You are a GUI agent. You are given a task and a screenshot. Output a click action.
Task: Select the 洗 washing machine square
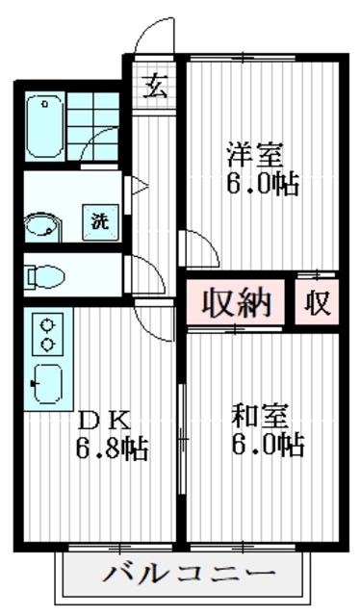click(x=100, y=218)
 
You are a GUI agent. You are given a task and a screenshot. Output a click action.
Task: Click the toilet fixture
click(x=45, y=277)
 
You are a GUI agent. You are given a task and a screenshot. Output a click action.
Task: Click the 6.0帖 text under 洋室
click(x=260, y=182)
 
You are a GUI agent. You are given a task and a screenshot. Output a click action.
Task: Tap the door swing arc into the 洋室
click(x=198, y=245)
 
